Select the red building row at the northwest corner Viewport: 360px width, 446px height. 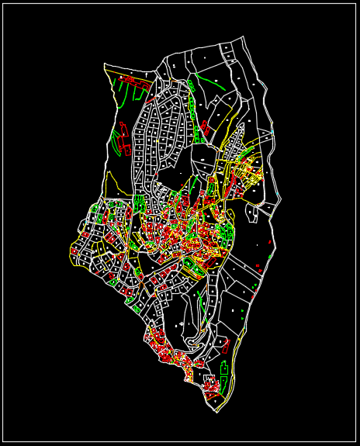[132, 79]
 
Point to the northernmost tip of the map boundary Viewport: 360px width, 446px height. [244, 36]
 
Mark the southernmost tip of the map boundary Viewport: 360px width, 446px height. [216, 412]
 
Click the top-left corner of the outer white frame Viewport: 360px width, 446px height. [3, 4]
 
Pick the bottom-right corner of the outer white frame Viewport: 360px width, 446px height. [355, 441]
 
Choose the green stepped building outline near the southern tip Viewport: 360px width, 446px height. [223, 381]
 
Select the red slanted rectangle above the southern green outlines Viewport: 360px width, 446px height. [226, 347]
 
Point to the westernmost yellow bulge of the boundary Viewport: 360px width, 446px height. [71, 251]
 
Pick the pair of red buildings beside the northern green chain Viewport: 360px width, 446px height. [205, 127]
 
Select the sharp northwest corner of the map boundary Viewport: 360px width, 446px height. [105, 64]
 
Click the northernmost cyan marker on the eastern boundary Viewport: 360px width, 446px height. [261, 83]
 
